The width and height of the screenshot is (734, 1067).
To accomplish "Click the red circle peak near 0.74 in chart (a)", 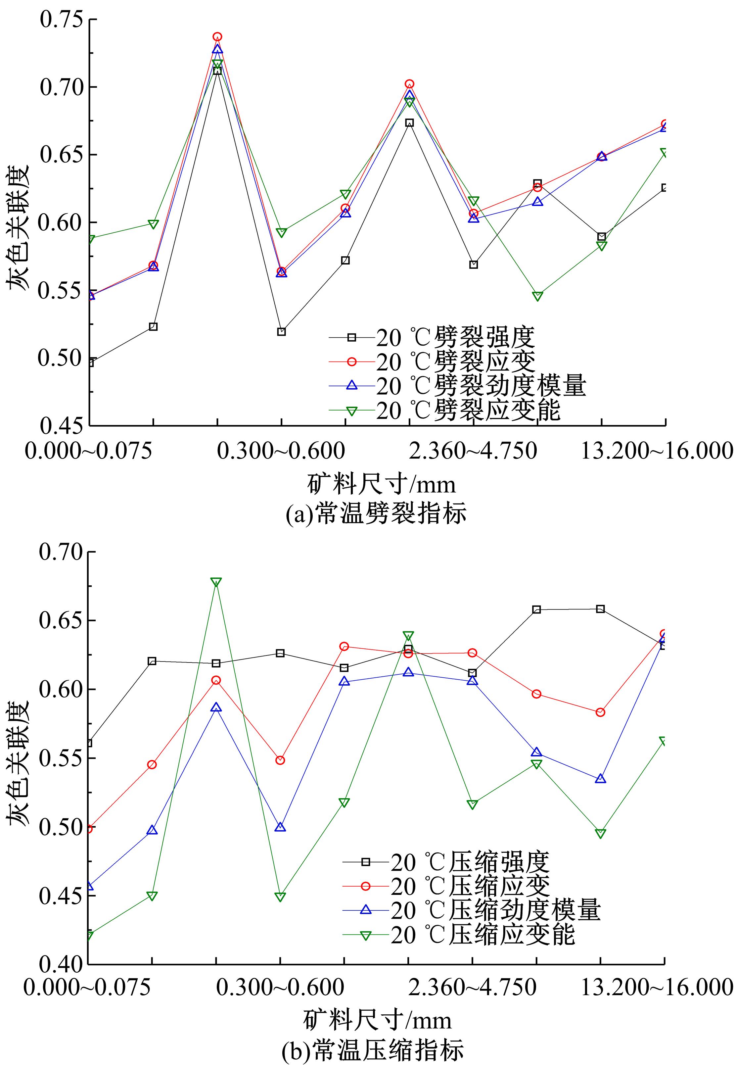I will pyautogui.click(x=217, y=37).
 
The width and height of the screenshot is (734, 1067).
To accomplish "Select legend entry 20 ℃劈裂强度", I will pyautogui.click(x=455, y=337).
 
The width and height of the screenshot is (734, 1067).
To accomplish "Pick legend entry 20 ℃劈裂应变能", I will pyautogui.click(x=468, y=411).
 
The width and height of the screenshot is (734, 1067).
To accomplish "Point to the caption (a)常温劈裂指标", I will pyautogui.click(x=376, y=514).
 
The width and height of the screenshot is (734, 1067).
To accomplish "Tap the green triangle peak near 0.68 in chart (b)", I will pyautogui.click(x=216, y=582).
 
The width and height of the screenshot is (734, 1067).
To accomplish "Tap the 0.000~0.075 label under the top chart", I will pyautogui.click(x=89, y=452).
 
